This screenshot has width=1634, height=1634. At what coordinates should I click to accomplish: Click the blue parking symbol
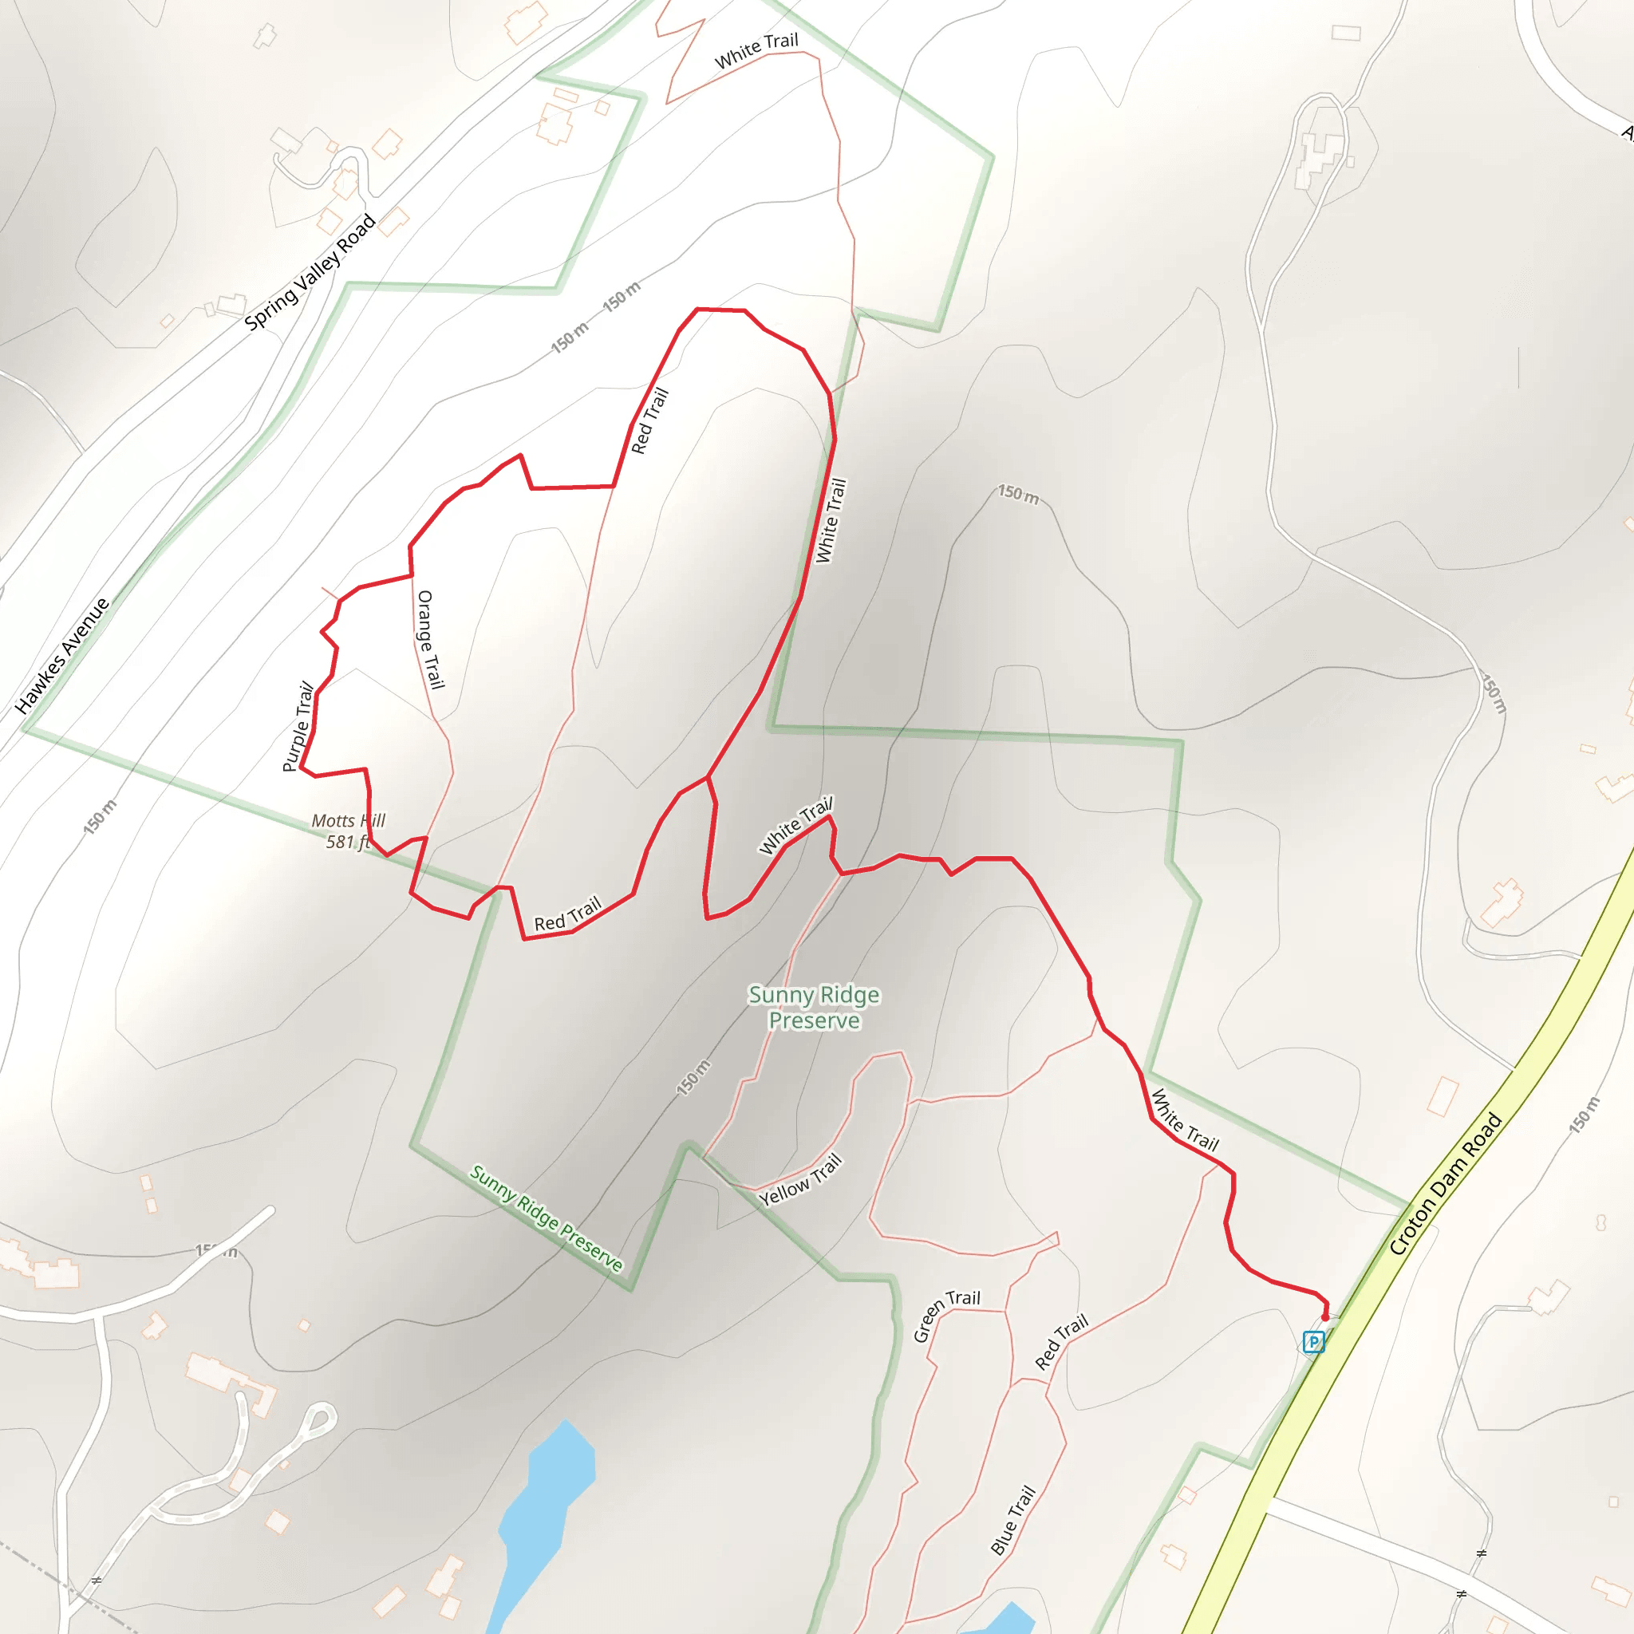pyautogui.click(x=1313, y=1341)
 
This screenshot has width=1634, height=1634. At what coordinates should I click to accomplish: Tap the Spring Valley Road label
pyautogui.click(x=310, y=271)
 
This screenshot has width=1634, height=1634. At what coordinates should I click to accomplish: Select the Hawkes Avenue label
pyautogui.click(x=62, y=656)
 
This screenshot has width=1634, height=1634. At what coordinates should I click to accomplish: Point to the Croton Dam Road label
pyautogui.click(x=1446, y=1183)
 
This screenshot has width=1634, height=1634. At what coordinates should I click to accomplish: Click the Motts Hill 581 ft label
pyautogui.click(x=348, y=831)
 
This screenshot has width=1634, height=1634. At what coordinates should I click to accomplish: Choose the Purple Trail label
pyautogui.click(x=298, y=727)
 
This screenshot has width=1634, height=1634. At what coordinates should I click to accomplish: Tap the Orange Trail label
pyautogui.click(x=431, y=640)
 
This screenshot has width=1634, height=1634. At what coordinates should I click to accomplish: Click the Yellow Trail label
pyautogui.click(x=800, y=1180)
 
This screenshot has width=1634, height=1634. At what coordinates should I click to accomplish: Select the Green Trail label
pyautogui.click(x=945, y=1314)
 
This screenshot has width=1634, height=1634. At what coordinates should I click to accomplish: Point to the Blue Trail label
pyautogui.click(x=1012, y=1520)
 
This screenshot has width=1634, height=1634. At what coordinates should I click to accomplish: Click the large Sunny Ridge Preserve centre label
pyautogui.click(x=814, y=1008)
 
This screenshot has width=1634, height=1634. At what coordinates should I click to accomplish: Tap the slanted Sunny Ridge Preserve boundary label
pyautogui.click(x=547, y=1218)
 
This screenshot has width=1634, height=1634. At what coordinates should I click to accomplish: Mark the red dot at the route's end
pyautogui.click(x=1325, y=1316)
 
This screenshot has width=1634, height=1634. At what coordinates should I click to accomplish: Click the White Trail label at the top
pyautogui.click(x=756, y=50)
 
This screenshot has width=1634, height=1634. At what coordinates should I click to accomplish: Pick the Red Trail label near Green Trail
pyautogui.click(x=1060, y=1342)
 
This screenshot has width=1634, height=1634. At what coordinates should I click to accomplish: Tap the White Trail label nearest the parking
pyautogui.click(x=1185, y=1121)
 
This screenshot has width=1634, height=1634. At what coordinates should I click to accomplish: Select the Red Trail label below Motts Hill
pyautogui.click(x=567, y=914)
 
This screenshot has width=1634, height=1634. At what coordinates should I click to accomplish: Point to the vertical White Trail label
pyautogui.click(x=831, y=520)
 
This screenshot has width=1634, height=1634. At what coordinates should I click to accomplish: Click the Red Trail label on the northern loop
pyautogui.click(x=649, y=420)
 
